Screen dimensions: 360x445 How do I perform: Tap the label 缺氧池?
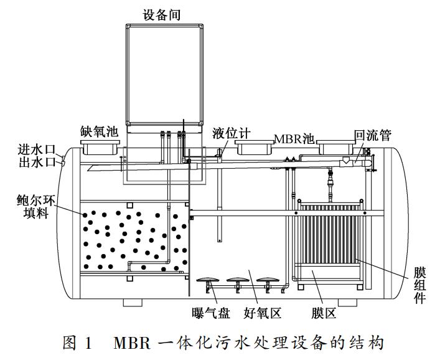tap(99, 131)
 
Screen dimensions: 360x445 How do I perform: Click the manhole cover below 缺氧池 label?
tap(100, 147)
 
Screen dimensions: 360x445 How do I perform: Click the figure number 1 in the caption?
tap(88, 343)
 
